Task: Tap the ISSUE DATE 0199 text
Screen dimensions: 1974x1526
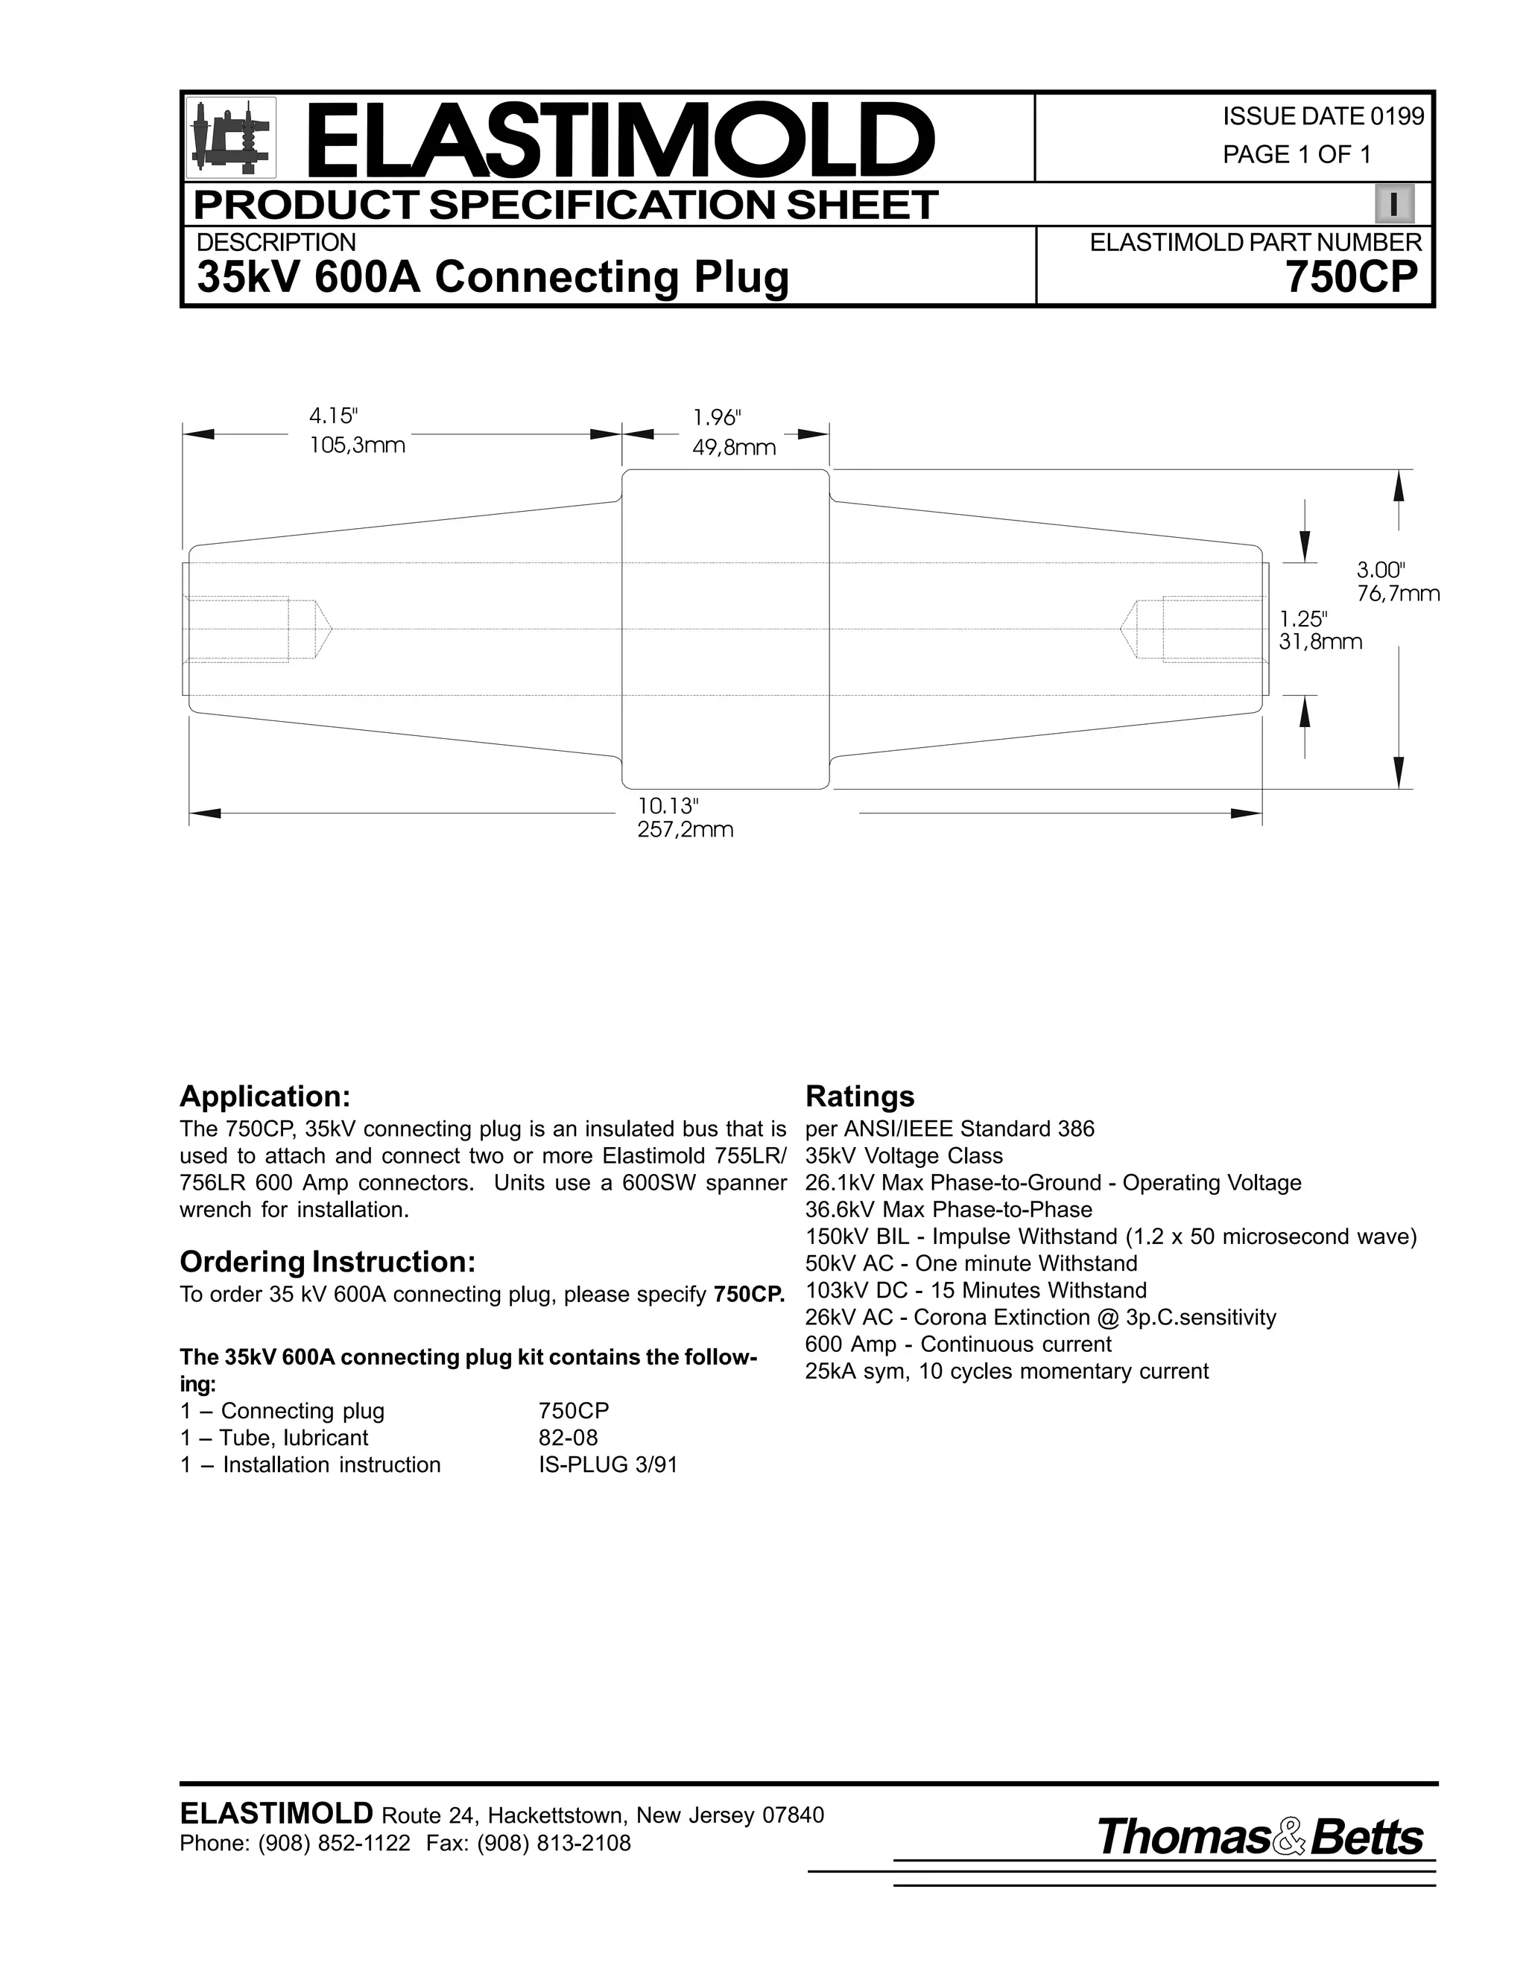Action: [1323, 117]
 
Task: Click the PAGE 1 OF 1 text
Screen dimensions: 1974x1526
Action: [1297, 154]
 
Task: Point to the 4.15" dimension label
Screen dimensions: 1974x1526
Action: [332, 416]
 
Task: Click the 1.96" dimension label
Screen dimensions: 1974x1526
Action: [717, 418]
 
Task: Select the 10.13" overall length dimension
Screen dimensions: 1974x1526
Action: [669, 804]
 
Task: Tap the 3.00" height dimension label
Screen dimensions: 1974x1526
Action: [1381, 569]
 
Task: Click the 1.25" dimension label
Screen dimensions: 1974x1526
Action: [1302, 619]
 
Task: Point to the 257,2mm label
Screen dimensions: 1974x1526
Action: [686, 830]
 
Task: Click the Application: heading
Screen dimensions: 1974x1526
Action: [265, 1097]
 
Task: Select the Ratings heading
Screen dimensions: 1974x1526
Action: [859, 1097]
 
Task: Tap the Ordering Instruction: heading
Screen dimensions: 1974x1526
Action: [327, 1261]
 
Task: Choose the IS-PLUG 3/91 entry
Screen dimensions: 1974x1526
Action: [607, 1464]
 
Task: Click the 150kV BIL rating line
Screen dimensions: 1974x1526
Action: [1110, 1237]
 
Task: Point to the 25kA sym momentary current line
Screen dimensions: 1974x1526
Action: [1006, 1371]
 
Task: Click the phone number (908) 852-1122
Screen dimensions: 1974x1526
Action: [334, 1843]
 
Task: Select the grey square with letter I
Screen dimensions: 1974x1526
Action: [1394, 204]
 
